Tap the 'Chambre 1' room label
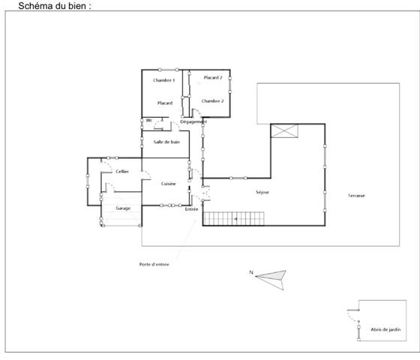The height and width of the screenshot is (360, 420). coord(164,80)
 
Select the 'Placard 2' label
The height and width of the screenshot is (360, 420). coord(213,77)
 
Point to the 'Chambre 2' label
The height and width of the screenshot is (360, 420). coord(213,100)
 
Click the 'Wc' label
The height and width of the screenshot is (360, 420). coord(149,120)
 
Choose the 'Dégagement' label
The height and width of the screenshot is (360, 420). coord(193,122)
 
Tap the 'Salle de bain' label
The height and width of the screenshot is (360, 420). coord(166,142)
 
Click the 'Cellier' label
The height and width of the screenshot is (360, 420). coord(122,172)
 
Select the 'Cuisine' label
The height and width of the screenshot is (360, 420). coord(168,184)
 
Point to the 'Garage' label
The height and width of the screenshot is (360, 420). coord(123,208)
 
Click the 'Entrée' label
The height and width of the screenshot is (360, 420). coord(191,209)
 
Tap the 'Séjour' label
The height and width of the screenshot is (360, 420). coord(262,193)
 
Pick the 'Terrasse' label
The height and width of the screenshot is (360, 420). coord(356,196)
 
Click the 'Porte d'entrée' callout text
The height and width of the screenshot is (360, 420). coord(154,264)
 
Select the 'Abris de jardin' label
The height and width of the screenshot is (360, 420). coord(385,328)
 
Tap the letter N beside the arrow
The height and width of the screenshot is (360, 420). coord(251,271)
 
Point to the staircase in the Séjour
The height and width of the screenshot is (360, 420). coord(235,219)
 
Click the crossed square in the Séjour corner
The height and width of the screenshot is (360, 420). coord(284,132)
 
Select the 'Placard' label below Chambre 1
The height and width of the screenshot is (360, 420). coord(165,103)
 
